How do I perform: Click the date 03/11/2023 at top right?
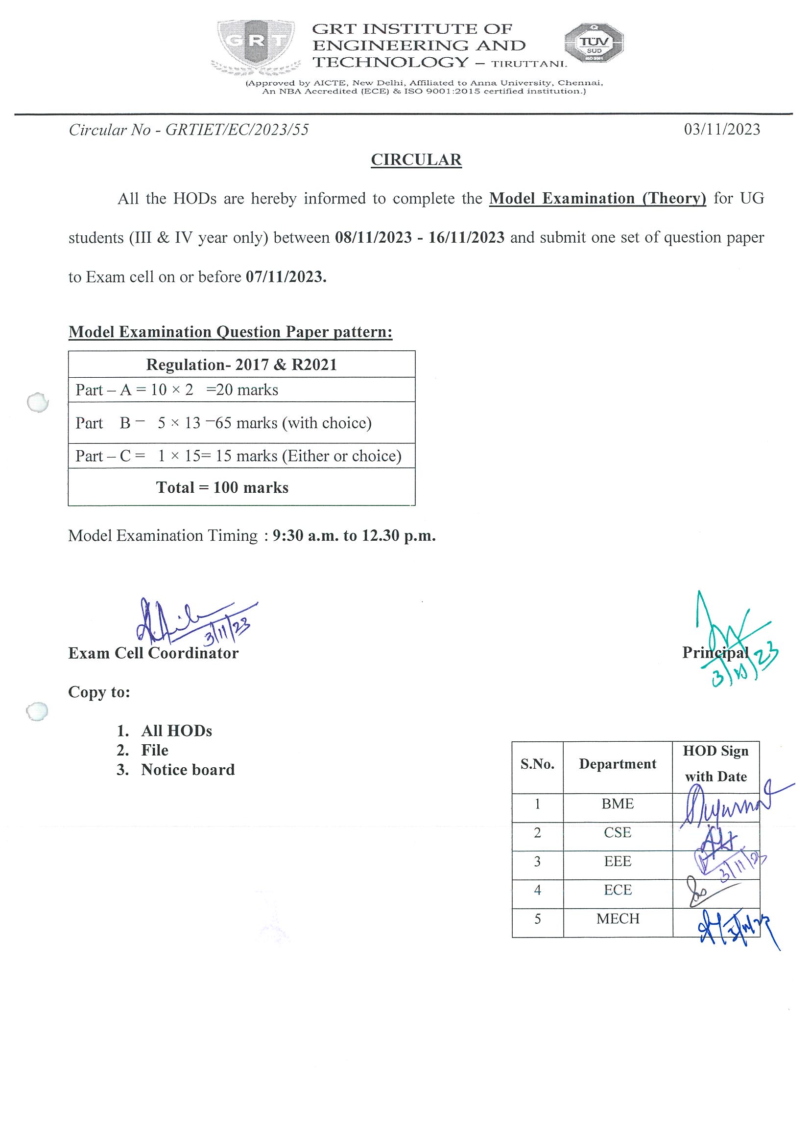pos(722,130)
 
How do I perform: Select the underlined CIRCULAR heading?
pos(416,160)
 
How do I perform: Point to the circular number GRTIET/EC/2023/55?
pos(237,130)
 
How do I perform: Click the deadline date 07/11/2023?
pos(286,277)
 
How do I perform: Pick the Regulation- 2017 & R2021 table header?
pos(241,365)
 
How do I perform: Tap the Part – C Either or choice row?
pos(238,456)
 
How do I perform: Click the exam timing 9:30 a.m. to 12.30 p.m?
pos(354,536)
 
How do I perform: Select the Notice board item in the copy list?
pos(188,770)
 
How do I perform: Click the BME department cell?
pos(618,804)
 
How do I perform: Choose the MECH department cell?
pos(618,918)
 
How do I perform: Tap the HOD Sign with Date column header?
pos(715,763)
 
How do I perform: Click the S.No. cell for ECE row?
pos(537,890)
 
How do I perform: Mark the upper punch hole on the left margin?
pos(38,402)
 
